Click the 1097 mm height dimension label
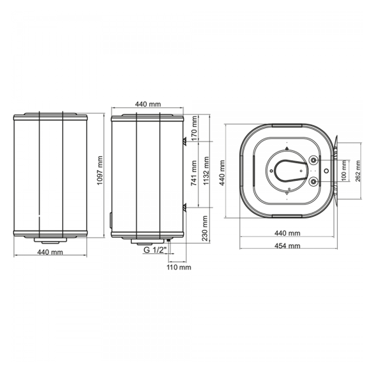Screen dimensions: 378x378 [100, 171]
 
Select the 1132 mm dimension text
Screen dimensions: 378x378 [206, 171]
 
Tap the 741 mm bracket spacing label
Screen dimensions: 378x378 [194, 173]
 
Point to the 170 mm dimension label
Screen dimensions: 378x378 [195, 128]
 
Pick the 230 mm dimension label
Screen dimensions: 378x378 [205, 228]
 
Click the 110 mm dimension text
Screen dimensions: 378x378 [179, 267]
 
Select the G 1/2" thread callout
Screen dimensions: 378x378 [156, 250]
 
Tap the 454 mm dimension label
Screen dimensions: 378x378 [287, 246]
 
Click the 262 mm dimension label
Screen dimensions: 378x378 [358, 171]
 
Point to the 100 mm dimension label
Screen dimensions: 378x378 [344, 171]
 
